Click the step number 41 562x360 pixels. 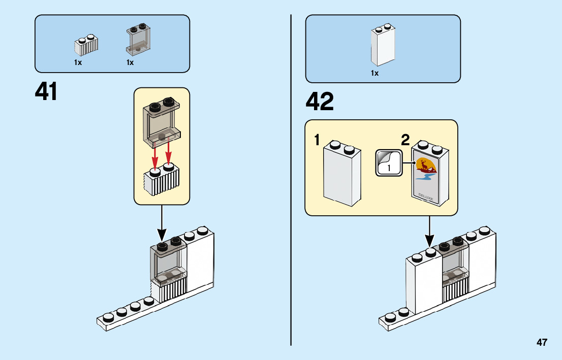pyautogui.click(x=46, y=92)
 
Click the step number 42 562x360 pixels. pyautogui.click(x=320, y=102)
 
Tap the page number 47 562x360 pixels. pyautogui.click(x=542, y=342)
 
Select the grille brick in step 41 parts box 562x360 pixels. pyautogui.click(x=86, y=45)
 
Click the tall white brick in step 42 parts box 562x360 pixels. pyautogui.click(x=383, y=45)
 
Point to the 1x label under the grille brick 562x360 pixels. pyautogui.click(x=78, y=62)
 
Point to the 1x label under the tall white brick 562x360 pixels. pyautogui.click(x=374, y=73)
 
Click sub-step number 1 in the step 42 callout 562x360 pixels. pyautogui.click(x=317, y=140)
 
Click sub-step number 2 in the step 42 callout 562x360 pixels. pyautogui.click(x=405, y=140)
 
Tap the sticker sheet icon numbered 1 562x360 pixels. pyautogui.click(x=388, y=162)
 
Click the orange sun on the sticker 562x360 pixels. pyautogui.click(x=423, y=164)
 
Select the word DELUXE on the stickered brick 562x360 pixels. pyautogui.click(x=426, y=196)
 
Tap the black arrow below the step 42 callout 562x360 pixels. pyautogui.click(x=430, y=231)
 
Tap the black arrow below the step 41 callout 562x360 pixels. pyautogui.click(x=162, y=223)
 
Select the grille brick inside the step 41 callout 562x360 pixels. pyautogui.click(x=162, y=180)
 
